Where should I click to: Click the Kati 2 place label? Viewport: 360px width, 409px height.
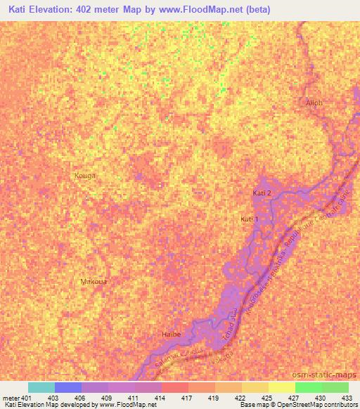[x=262, y=193]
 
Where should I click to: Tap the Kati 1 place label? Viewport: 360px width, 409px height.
[x=250, y=220]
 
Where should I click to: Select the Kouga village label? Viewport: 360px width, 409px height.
[x=84, y=175]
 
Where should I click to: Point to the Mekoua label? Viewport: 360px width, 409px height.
[x=94, y=281]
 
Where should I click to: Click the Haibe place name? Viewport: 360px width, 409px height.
[x=172, y=335]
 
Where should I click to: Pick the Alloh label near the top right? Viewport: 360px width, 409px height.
[x=314, y=103]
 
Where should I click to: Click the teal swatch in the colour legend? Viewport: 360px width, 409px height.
[x=41, y=387]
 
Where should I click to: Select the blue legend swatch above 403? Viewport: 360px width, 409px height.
[x=68, y=387]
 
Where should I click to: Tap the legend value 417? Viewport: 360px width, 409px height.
[x=188, y=397]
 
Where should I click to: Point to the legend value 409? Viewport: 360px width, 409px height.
[x=108, y=397]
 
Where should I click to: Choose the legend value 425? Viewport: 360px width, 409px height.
[x=268, y=397]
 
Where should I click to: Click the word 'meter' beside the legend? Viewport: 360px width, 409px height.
[x=11, y=397]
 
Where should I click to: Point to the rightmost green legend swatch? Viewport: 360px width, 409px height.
[x=335, y=387]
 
